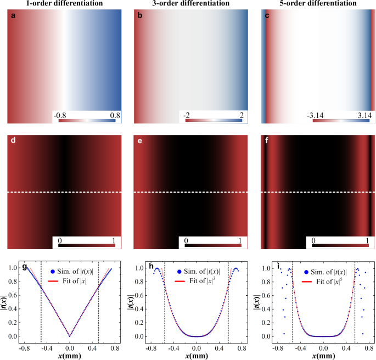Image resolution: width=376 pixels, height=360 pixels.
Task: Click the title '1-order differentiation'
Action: (61, 4)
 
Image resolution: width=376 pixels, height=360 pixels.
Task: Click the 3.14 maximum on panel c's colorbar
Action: (360, 115)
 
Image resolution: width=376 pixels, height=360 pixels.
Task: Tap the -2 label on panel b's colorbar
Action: (185, 115)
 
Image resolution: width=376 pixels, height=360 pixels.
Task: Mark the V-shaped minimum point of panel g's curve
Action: (69, 336)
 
